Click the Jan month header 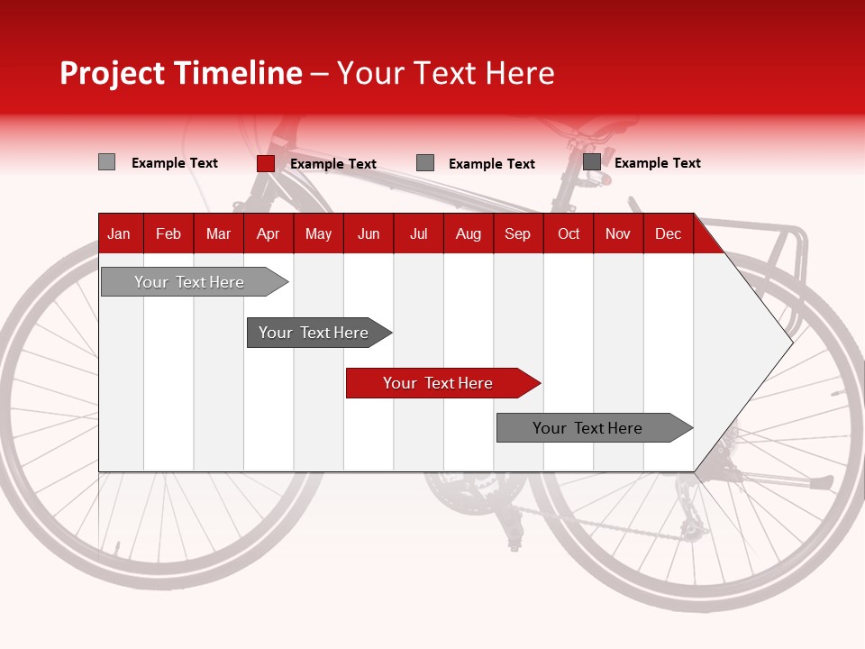119,233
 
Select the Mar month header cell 218,233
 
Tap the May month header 318,233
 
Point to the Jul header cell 418,233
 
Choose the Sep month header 517,233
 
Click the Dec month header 668,233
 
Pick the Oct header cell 568,233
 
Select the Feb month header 168,233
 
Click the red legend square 265,163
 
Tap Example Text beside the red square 332,164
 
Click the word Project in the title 113,73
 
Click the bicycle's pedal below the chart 514,544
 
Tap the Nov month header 617,233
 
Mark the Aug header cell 468,233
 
